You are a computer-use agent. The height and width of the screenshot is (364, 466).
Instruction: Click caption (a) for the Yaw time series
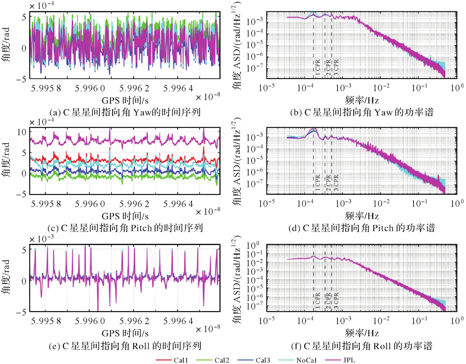(x=125, y=112)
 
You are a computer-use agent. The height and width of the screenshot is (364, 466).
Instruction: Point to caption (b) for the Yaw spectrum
(x=362, y=112)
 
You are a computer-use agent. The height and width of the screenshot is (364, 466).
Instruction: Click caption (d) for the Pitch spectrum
(x=362, y=228)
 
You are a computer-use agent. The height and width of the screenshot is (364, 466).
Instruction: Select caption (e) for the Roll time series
(x=125, y=346)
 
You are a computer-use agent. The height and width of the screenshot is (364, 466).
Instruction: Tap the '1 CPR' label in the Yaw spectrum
(x=318, y=67)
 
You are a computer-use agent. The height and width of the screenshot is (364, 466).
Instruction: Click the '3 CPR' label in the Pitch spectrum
(x=336, y=183)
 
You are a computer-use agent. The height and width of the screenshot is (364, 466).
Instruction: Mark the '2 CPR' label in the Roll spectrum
(x=328, y=301)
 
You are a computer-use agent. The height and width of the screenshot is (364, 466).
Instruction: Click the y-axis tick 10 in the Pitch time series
(x=22, y=132)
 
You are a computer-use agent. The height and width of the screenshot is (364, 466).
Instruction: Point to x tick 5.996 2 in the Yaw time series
(x=134, y=89)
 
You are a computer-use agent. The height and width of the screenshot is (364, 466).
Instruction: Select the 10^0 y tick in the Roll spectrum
(x=253, y=245)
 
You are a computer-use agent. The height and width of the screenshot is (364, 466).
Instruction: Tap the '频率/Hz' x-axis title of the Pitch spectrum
(x=362, y=216)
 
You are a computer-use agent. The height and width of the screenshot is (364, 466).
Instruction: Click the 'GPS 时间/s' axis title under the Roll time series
(x=125, y=333)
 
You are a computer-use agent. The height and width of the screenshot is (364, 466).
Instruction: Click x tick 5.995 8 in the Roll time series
(x=46, y=321)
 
